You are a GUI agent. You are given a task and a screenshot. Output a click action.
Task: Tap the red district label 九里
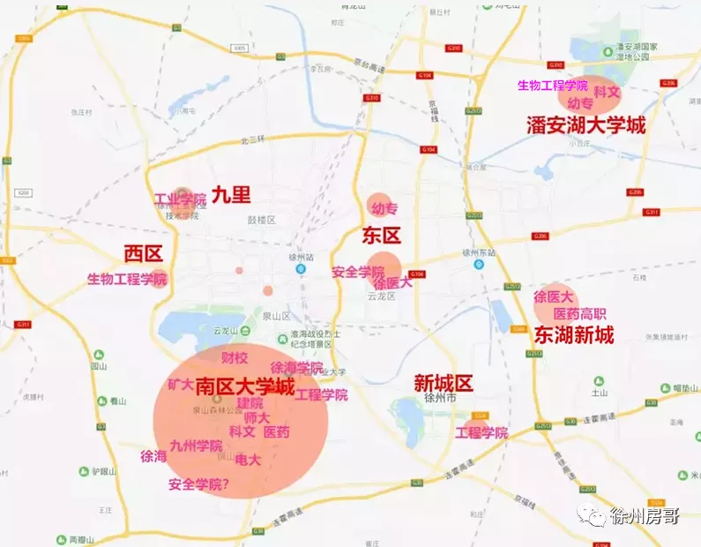click(231, 195)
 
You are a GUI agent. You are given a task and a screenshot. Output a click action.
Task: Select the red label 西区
click(143, 254)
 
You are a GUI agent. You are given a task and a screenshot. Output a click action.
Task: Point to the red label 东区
click(381, 235)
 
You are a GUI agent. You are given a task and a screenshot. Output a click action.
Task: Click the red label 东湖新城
click(573, 334)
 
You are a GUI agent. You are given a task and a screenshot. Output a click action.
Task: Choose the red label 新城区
click(444, 383)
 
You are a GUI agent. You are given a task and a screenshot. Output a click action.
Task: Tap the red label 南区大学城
click(244, 386)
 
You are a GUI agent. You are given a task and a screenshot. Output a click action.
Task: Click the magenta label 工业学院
click(180, 199)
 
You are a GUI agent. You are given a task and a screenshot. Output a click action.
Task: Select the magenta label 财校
click(235, 358)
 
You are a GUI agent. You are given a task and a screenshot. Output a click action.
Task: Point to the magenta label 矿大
click(180, 385)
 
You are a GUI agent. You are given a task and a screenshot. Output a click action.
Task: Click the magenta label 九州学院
click(196, 446)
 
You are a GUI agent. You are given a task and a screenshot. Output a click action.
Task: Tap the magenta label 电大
click(248, 460)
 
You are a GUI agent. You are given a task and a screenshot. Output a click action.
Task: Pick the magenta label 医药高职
click(579, 313)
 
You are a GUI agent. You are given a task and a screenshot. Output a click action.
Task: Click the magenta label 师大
click(257, 417)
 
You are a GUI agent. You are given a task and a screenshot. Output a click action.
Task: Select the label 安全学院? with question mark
click(198, 483)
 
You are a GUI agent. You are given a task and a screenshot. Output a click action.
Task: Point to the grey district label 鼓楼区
click(262, 220)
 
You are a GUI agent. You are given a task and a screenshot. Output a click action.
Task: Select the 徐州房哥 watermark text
click(644, 516)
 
